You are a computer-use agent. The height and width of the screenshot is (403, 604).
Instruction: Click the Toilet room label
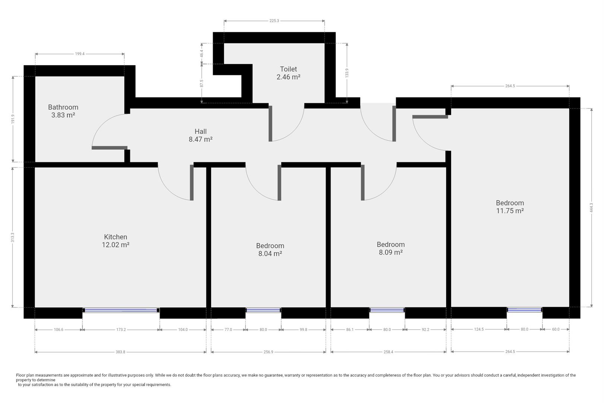point(288,73)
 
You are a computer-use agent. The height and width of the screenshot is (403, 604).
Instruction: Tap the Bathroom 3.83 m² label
point(63,111)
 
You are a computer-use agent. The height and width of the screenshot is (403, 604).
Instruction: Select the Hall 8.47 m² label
point(201,135)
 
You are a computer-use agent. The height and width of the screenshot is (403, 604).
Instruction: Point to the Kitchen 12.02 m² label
point(116,241)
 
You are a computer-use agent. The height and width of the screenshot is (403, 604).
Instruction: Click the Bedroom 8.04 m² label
point(270,250)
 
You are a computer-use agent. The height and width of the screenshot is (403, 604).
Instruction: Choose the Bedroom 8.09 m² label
point(391,249)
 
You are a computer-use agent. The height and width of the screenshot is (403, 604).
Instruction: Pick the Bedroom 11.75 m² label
point(510,207)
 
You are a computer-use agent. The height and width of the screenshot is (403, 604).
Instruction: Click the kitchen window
point(121,310)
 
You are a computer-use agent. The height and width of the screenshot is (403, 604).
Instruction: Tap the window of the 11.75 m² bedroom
point(525,310)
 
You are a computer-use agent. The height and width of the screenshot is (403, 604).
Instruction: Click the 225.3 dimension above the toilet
point(274,21)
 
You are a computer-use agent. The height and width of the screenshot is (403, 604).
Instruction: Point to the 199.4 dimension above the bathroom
point(80,54)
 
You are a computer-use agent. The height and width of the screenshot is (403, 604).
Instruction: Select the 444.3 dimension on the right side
point(591,207)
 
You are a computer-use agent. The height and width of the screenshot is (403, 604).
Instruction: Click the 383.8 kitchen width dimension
point(120,352)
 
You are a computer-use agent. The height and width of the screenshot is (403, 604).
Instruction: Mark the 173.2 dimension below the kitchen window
point(121,329)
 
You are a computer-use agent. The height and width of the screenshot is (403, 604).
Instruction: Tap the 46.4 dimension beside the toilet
point(201,53)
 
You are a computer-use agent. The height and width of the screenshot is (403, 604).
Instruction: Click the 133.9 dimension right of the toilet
point(347,73)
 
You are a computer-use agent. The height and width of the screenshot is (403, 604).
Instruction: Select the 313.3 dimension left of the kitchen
point(13,237)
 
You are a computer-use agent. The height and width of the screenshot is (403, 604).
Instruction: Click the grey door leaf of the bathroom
point(110,148)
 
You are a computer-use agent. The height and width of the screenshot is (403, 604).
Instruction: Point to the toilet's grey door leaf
point(270,124)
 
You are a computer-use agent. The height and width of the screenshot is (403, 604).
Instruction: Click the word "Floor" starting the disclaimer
point(21,375)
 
